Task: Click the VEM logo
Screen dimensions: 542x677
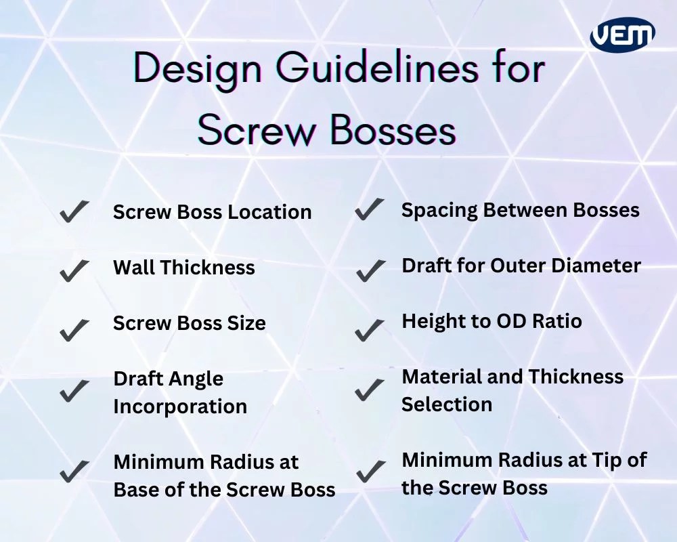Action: pos(622,34)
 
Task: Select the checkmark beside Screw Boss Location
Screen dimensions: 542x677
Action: pos(74,212)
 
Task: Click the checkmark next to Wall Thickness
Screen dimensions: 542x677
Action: pos(74,270)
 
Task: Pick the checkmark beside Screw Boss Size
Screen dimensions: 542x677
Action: pos(74,329)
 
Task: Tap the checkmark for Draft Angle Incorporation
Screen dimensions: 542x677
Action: pos(74,391)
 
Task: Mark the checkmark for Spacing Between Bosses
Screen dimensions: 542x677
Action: pos(369,209)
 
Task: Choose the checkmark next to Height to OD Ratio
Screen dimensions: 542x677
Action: pos(369,329)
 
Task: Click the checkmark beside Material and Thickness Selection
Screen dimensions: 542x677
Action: pos(370,390)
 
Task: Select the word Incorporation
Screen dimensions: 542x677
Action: pos(180,406)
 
